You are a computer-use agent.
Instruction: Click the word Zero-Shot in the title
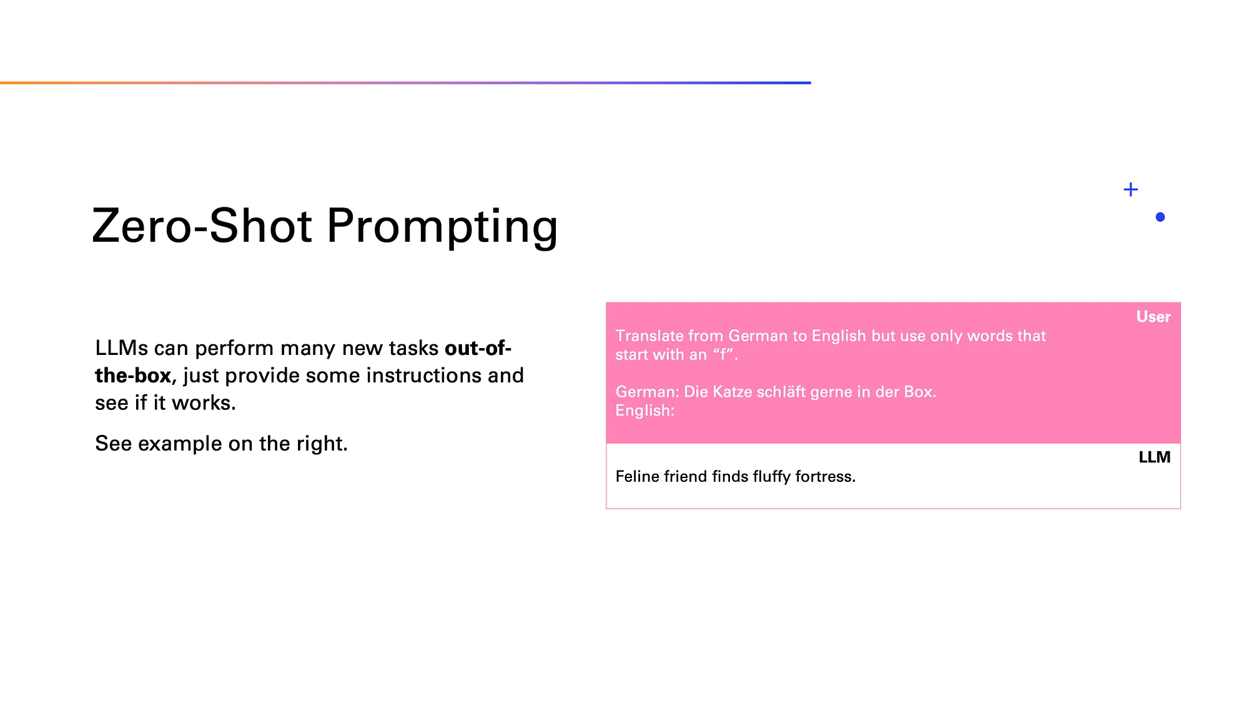coord(202,226)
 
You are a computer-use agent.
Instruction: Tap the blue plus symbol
coord(1130,189)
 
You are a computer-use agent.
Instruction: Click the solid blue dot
coord(1160,217)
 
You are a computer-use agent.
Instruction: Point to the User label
coord(1153,317)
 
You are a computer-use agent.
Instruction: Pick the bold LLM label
coord(1155,457)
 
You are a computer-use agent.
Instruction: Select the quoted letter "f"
coord(723,355)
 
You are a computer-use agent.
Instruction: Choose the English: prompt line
coord(645,411)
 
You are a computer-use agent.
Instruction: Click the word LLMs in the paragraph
coord(122,348)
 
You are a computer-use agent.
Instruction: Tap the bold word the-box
coord(133,376)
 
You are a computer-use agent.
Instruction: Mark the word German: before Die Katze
coord(647,392)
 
